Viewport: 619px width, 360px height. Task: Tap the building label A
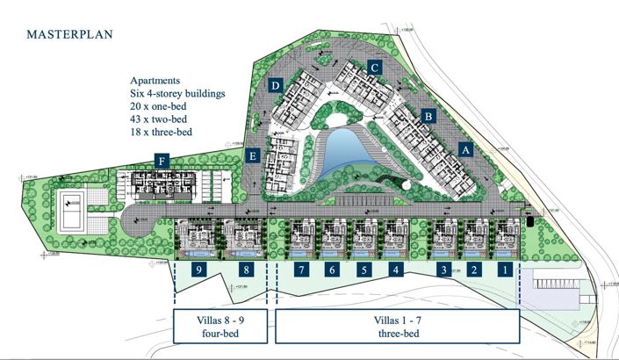465,149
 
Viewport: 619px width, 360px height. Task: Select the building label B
428,115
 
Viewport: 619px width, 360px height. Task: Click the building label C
374,66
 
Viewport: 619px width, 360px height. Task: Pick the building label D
276,85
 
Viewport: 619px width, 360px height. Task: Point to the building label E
253,157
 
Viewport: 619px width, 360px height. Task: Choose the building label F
162,160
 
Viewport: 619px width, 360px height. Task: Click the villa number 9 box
200,270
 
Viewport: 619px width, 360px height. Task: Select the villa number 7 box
301,270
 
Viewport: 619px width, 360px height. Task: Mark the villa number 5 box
363,270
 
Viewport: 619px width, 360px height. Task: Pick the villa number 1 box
505,270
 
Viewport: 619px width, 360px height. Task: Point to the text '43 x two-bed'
158,119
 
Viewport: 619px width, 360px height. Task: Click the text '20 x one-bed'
158,105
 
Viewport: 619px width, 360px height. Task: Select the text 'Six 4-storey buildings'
176,92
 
